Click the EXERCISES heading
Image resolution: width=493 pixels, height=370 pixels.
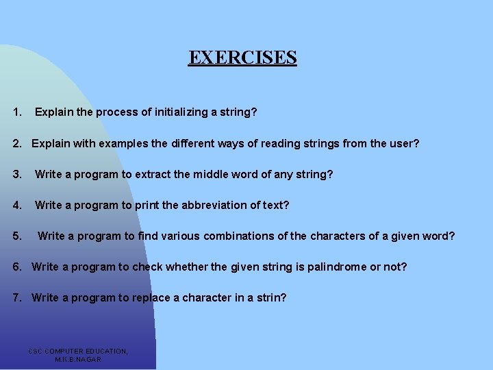click(x=242, y=57)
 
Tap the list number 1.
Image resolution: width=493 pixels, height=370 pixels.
click(x=18, y=111)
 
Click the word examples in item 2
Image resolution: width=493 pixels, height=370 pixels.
click(x=123, y=144)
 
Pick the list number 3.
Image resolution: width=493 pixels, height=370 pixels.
click(x=17, y=174)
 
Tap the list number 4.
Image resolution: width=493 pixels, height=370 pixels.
click(x=17, y=205)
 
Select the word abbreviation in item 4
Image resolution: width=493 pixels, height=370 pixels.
click(x=210, y=205)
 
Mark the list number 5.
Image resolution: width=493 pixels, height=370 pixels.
click(x=17, y=236)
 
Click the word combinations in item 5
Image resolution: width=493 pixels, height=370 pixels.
click(x=235, y=236)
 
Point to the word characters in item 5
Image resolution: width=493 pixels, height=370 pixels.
click(x=335, y=236)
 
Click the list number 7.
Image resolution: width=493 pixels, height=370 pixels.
click(x=17, y=297)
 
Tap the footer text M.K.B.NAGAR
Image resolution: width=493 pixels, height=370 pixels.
click(x=78, y=359)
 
